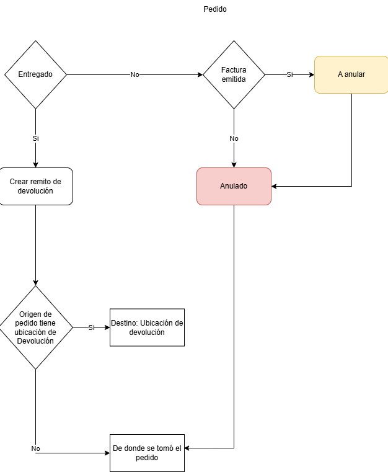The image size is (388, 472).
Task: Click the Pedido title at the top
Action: [x=214, y=9]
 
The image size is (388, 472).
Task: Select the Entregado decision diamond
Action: [x=35, y=74]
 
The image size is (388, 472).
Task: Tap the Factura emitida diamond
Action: [x=234, y=74]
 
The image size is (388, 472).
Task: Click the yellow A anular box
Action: [x=351, y=74]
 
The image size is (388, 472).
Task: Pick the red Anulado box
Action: [x=234, y=186]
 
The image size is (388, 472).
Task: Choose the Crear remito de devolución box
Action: [x=35, y=186]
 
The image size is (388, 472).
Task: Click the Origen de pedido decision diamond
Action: [x=35, y=327]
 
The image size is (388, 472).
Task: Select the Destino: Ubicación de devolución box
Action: [x=147, y=327]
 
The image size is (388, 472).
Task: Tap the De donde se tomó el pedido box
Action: [x=147, y=453]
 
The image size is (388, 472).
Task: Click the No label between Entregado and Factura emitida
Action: [x=134, y=74]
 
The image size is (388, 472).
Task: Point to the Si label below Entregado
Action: [x=35, y=138]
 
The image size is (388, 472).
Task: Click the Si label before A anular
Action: [x=289, y=74]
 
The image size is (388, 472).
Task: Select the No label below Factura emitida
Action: [x=234, y=138]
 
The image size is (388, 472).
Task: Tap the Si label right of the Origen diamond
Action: [x=92, y=327]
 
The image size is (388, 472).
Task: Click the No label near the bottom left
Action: [x=35, y=448]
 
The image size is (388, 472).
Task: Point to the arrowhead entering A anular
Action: [x=312, y=74]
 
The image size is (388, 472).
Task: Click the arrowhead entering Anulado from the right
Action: [x=274, y=186]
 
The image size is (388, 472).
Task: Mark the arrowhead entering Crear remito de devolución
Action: [x=35, y=165]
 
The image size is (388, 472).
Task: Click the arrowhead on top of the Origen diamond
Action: [x=35, y=283]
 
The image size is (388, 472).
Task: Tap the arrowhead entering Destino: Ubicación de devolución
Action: [x=107, y=327]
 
